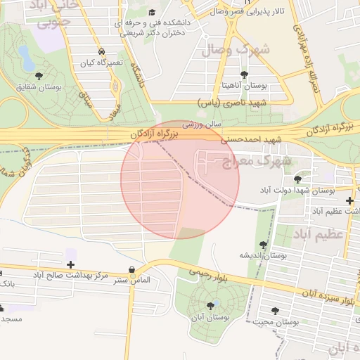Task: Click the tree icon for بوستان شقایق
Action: (37, 77)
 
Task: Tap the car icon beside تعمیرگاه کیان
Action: (103, 52)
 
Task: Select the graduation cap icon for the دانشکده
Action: (152, 13)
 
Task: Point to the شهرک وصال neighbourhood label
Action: (236, 50)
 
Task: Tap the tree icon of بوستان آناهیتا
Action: (244, 75)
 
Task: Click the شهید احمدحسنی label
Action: (252, 140)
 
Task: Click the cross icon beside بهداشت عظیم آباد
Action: (350, 200)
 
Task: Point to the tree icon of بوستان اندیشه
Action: (263, 245)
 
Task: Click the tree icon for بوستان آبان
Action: (210, 305)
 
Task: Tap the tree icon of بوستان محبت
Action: (274, 311)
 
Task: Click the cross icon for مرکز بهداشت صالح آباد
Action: (70, 264)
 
